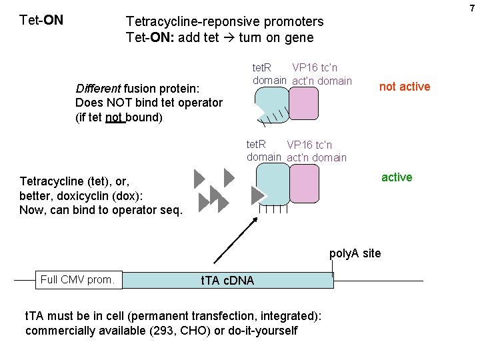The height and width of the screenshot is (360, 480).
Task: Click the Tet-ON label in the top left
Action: [x=42, y=20]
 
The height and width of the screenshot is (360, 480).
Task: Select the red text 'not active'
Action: [x=405, y=87]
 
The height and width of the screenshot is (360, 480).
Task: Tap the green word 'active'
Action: [x=397, y=177]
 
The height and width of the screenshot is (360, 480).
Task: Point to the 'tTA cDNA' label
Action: [x=227, y=281]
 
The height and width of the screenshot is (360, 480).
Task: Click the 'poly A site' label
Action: [x=355, y=253]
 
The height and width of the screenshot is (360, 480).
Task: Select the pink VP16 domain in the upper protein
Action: [x=303, y=105]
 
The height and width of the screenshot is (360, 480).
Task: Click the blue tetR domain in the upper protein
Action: [x=271, y=104]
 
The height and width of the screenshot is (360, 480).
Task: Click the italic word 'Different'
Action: [x=98, y=89]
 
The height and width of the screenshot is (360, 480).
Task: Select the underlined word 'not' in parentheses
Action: [x=115, y=117]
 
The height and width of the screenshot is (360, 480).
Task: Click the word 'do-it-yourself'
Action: [x=263, y=331]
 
